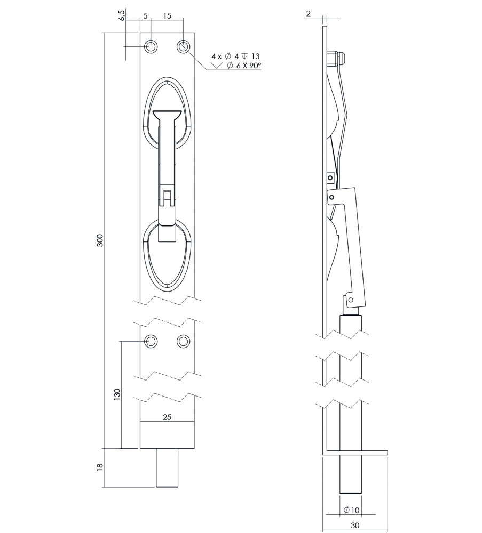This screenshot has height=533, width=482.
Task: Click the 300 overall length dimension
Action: click(x=100, y=240)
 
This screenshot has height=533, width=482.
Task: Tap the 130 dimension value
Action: click(x=117, y=395)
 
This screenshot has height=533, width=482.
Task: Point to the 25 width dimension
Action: click(x=167, y=417)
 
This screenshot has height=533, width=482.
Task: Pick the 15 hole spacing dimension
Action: click(x=168, y=15)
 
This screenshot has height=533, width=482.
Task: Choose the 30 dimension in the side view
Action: click(x=355, y=525)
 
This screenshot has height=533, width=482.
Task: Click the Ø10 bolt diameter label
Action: click(x=351, y=510)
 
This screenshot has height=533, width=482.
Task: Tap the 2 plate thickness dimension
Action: click(x=309, y=14)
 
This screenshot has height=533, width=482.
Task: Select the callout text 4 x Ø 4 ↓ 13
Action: click(x=235, y=56)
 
